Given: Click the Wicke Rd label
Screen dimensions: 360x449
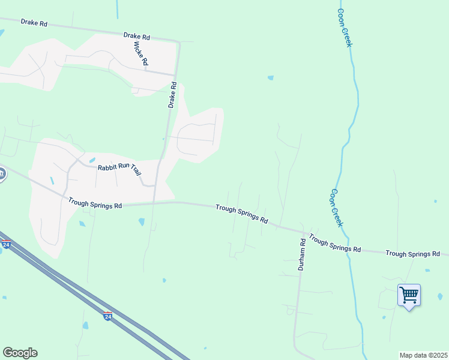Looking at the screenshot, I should coord(141,54).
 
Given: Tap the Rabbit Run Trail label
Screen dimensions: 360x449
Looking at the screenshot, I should coord(120,169).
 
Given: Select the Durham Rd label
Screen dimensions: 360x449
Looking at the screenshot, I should coord(303,253).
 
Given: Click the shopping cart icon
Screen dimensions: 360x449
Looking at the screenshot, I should coord(409,295).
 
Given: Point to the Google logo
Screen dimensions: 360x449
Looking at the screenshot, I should coord(20,353).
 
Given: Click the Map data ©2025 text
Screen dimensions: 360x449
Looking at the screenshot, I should coord(423,355).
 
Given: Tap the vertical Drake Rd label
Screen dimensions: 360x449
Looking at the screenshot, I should coord(172,95).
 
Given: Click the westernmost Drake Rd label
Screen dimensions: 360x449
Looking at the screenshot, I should coord(34,22).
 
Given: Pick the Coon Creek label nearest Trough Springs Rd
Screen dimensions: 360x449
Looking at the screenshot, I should coord(336,208).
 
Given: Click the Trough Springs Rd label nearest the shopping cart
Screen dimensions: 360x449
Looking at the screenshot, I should coord(413,254).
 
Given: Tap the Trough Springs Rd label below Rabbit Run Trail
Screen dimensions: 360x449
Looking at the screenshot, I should coord(95,205).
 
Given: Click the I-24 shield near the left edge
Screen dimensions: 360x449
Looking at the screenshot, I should coord(6,245).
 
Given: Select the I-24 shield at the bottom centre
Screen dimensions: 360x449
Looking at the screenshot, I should coord(107,316).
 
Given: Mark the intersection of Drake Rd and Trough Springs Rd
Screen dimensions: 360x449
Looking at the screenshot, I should coord(155,203).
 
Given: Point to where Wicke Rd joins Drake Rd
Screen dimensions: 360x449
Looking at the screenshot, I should coord(174,74).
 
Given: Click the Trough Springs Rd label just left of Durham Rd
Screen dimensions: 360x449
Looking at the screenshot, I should coord(242,213).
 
